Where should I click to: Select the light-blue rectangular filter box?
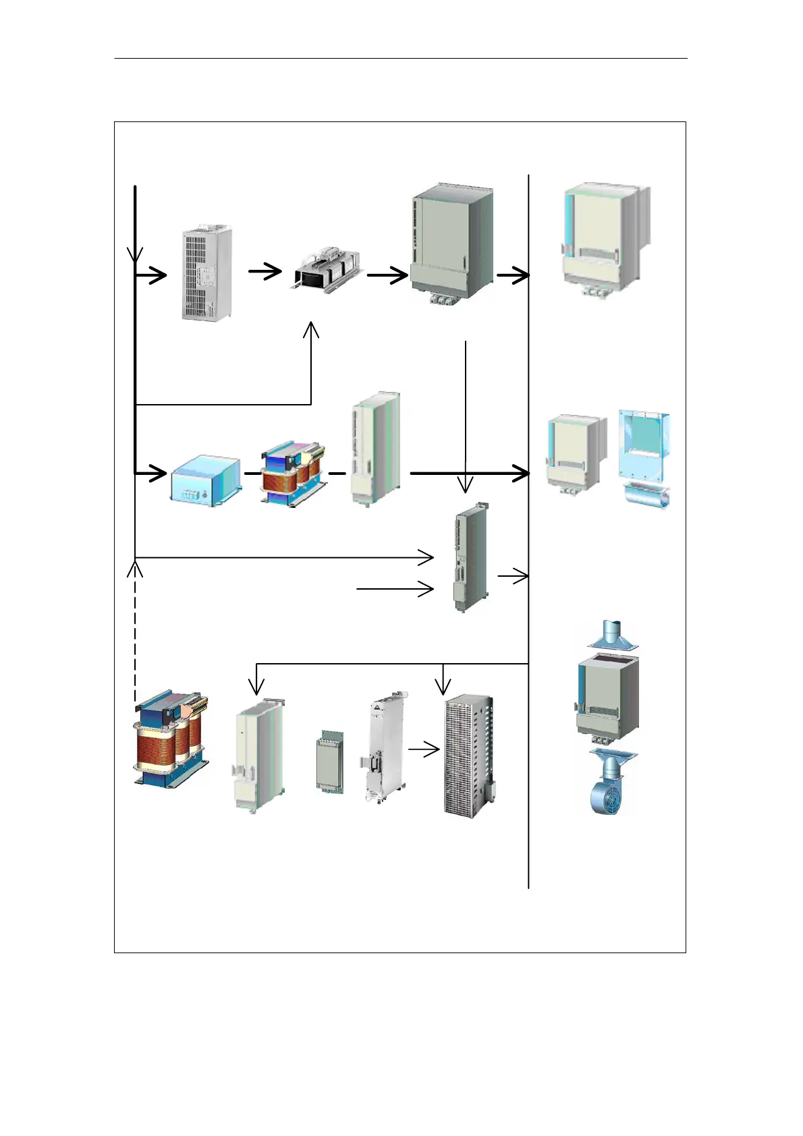(205, 480)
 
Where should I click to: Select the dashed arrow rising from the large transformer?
(136, 627)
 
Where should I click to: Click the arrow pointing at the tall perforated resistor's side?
(424, 749)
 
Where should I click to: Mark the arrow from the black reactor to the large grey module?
(387, 275)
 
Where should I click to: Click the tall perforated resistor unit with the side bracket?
(469, 754)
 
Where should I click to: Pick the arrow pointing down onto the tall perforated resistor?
(443, 680)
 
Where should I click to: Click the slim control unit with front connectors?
(470, 558)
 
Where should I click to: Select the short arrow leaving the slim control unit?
(513, 576)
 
